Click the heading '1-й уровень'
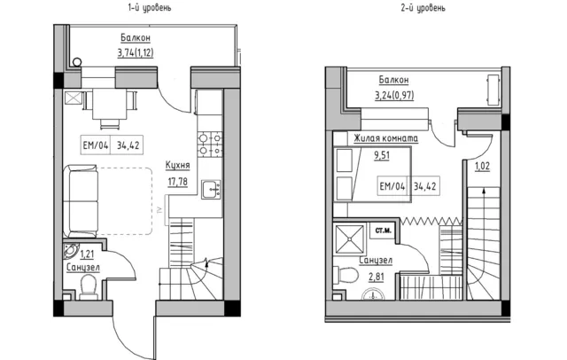pyautogui.click(x=150, y=8)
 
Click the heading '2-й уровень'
pyautogui.click(x=423, y=8)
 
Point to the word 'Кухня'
pyautogui.click(x=177, y=165)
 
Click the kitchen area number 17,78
pyautogui.click(x=177, y=181)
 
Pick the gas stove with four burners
pyautogui.click(x=210, y=144)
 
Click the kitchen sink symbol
pyautogui.click(x=211, y=190)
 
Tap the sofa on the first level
pyautogui.click(x=81, y=201)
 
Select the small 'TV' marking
pyautogui.click(x=160, y=209)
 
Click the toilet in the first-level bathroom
pyautogui.click(x=89, y=287)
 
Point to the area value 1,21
pyautogui.click(x=87, y=254)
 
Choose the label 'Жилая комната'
pyautogui.click(x=386, y=138)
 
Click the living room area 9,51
pyautogui.click(x=382, y=155)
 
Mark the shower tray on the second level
pyautogui.click(x=350, y=239)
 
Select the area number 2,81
pyautogui.click(x=377, y=277)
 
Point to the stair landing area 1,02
pyautogui.click(x=482, y=166)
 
